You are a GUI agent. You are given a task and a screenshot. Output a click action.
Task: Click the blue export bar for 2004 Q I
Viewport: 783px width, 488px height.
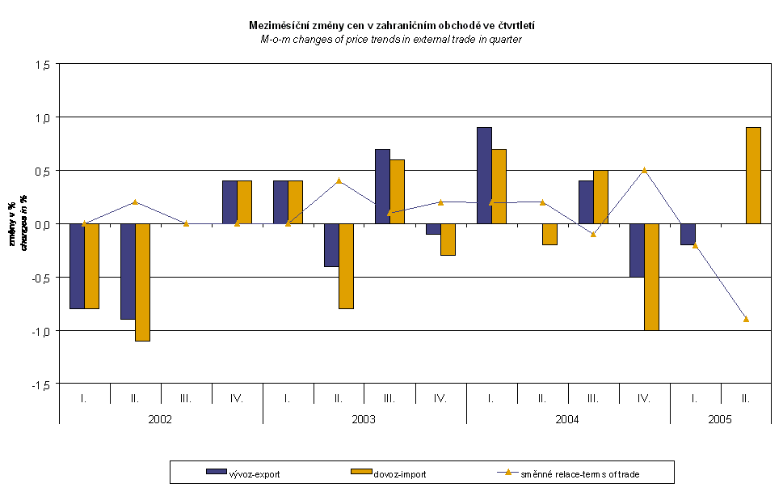point(484,176)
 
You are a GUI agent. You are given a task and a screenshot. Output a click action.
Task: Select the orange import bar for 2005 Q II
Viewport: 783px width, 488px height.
point(753,176)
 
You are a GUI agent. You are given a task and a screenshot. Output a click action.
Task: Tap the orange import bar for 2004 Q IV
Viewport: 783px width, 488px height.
point(651,277)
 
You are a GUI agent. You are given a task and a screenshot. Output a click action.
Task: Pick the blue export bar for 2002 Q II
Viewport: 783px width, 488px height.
point(128,271)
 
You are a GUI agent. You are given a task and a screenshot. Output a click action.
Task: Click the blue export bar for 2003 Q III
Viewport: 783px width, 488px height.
point(382,186)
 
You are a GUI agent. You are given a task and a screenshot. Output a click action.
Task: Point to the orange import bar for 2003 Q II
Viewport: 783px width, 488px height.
point(346,266)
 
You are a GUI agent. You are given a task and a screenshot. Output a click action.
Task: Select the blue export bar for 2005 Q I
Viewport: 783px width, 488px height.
point(688,234)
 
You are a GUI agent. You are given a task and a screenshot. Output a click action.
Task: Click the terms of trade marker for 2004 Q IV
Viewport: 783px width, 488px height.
point(644,170)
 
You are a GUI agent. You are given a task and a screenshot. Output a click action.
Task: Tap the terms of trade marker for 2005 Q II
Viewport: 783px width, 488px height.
point(746,319)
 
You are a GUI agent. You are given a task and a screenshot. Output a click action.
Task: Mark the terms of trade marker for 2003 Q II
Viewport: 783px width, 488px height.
point(339,180)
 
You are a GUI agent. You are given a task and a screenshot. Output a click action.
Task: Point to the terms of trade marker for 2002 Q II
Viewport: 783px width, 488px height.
point(135,202)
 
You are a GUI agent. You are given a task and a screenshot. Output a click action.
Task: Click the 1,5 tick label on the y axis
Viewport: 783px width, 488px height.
point(41,64)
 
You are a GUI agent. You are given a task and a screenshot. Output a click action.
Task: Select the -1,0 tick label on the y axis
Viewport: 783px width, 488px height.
point(40,331)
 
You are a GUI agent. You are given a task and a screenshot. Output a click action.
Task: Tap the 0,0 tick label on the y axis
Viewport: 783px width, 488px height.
point(41,224)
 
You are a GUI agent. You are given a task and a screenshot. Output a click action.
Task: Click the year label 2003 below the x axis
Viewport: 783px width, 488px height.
point(364,420)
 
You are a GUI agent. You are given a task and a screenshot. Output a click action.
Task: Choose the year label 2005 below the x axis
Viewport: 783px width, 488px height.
point(720,420)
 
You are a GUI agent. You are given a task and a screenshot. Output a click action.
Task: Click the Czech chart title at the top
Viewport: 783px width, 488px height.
point(392,26)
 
